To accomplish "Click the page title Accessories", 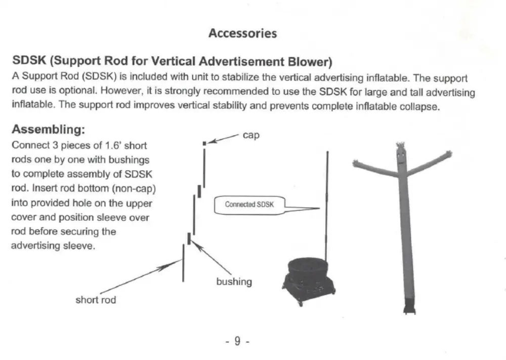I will point(243,33).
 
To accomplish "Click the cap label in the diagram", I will point(251,135).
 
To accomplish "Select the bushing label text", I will point(234,282).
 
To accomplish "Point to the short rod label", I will point(96,300).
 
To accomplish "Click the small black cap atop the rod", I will point(204,144).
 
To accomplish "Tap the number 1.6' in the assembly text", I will point(111,146).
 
